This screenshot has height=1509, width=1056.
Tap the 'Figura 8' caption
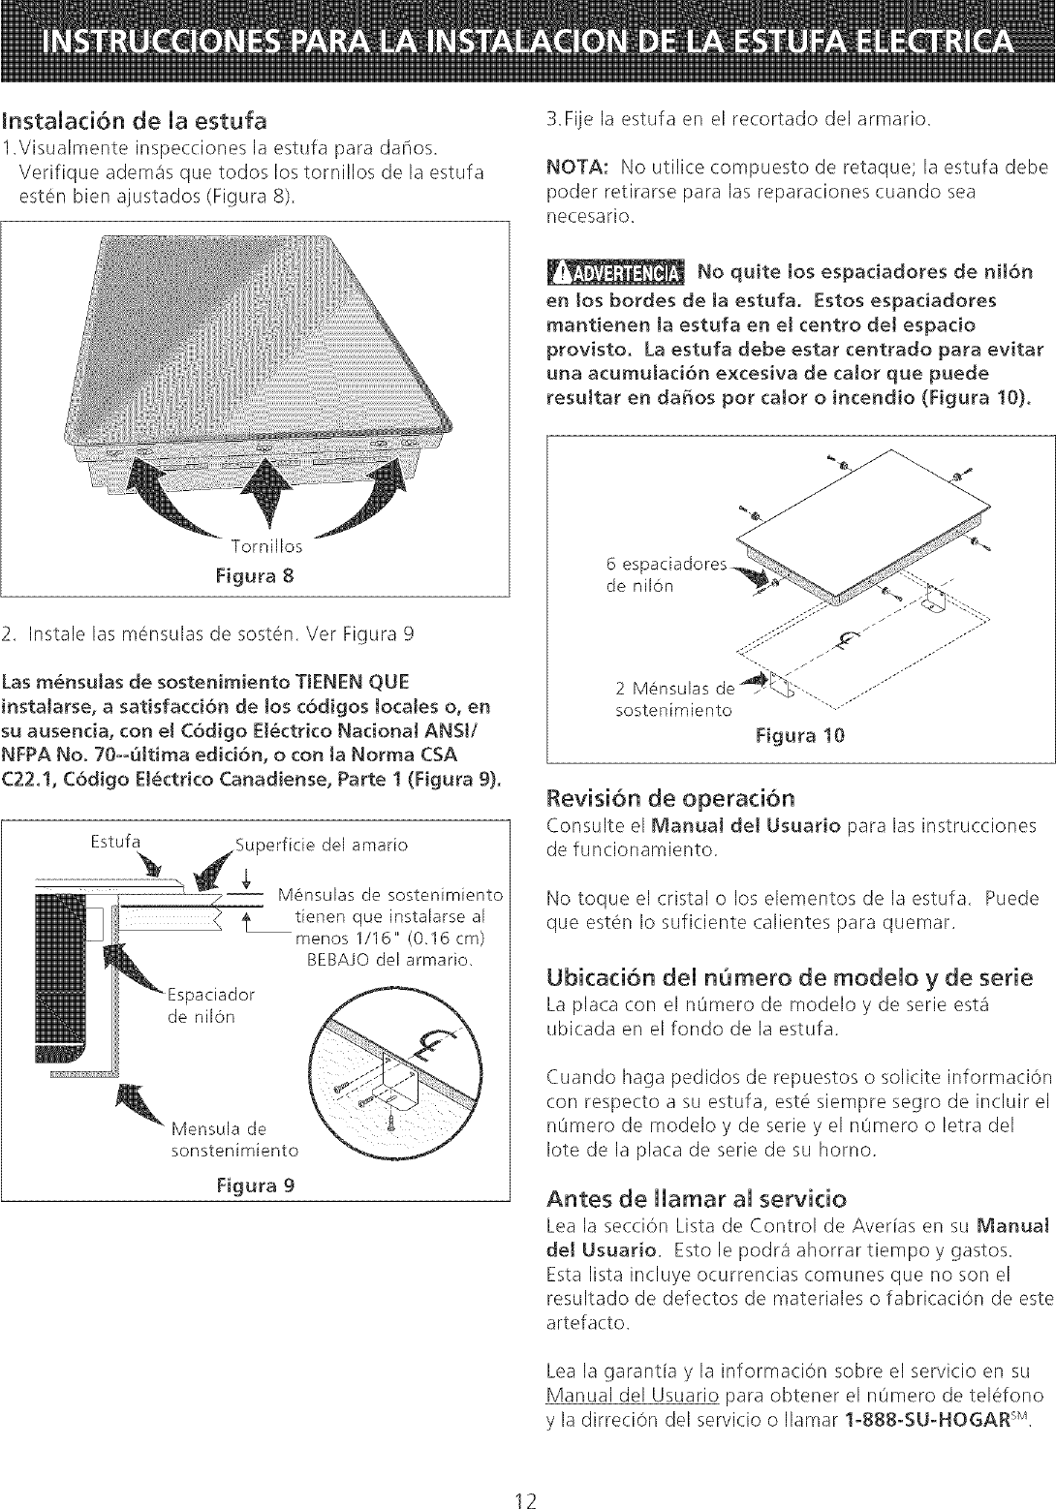(256, 575)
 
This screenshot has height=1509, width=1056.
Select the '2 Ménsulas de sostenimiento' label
(675, 699)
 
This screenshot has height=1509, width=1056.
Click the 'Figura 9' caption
(256, 1186)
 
